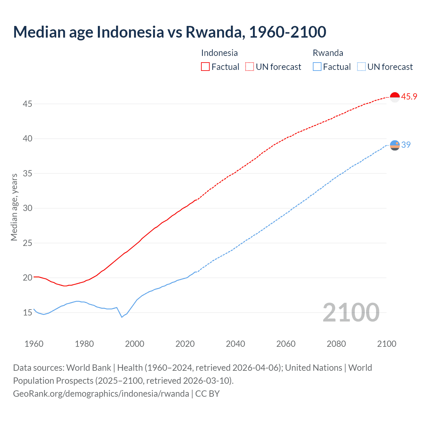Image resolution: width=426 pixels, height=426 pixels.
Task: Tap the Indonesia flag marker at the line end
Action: [395, 97]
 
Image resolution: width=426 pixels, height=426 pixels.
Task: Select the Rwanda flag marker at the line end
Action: [395, 145]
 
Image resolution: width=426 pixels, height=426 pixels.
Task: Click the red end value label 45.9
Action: [409, 97]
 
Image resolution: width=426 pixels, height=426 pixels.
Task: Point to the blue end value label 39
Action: [406, 145]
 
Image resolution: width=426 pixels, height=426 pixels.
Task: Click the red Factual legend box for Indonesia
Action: [205, 67]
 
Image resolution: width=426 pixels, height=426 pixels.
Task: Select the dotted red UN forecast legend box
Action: [250, 67]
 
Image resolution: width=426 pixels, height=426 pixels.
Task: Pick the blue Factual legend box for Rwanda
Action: [317, 67]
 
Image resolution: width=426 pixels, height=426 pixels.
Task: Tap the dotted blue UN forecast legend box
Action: [361, 67]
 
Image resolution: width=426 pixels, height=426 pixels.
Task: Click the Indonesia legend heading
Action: [219, 53]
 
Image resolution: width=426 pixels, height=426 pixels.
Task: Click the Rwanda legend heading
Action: [328, 53]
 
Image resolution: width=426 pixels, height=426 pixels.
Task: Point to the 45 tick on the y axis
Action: [27, 104]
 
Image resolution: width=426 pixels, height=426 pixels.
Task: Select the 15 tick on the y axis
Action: [27, 313]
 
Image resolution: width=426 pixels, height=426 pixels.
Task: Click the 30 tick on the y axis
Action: [27, 208]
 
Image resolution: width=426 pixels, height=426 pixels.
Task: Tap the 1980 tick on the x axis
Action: [84, 344]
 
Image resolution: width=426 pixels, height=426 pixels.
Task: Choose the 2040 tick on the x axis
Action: [235, 344]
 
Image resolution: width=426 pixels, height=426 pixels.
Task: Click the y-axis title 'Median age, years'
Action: [14, 207]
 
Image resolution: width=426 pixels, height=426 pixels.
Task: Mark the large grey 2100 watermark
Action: [351, 312]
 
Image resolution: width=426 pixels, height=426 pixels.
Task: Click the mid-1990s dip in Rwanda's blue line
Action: [122, 317]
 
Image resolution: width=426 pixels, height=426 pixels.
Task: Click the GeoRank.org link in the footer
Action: [101, 394]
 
